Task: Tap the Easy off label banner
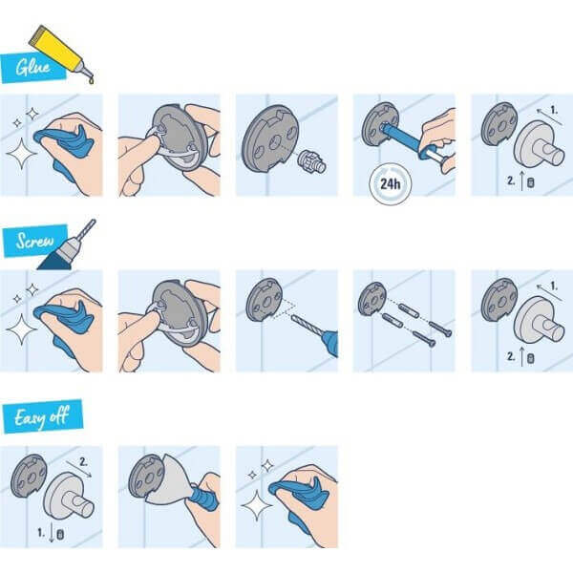coord(47,416)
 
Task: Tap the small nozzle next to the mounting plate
coord(309,161)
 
